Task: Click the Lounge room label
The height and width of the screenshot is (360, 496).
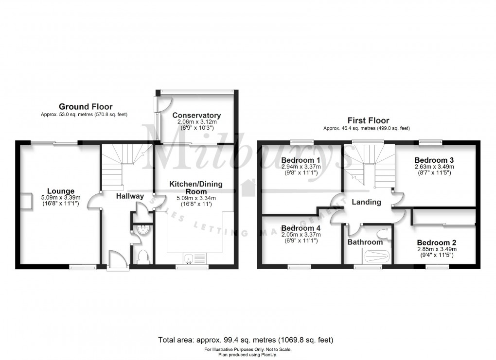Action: pyautogui.click(x=61, y=191)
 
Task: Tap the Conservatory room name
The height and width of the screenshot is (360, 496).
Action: pyautogui.click(x=196, y=115)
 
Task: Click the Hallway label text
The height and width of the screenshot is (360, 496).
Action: pyautogui.click(x=130, y=196)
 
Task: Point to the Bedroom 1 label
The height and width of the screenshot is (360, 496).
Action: pyautogui.click(x=301, y=160)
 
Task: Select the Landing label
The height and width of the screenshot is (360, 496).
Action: pyautogui.click(x=366, y=202)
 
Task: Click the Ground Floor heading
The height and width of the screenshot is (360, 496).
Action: pyautogui.click(x=86, y=106)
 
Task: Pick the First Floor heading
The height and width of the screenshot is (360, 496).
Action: pyautogui.click(x=368, y=120)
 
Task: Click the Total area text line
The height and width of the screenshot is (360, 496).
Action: pyautogui.click(x=246, y=340)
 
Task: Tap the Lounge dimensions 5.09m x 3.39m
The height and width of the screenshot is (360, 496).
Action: pyautogui.click(x=61, y=198)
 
